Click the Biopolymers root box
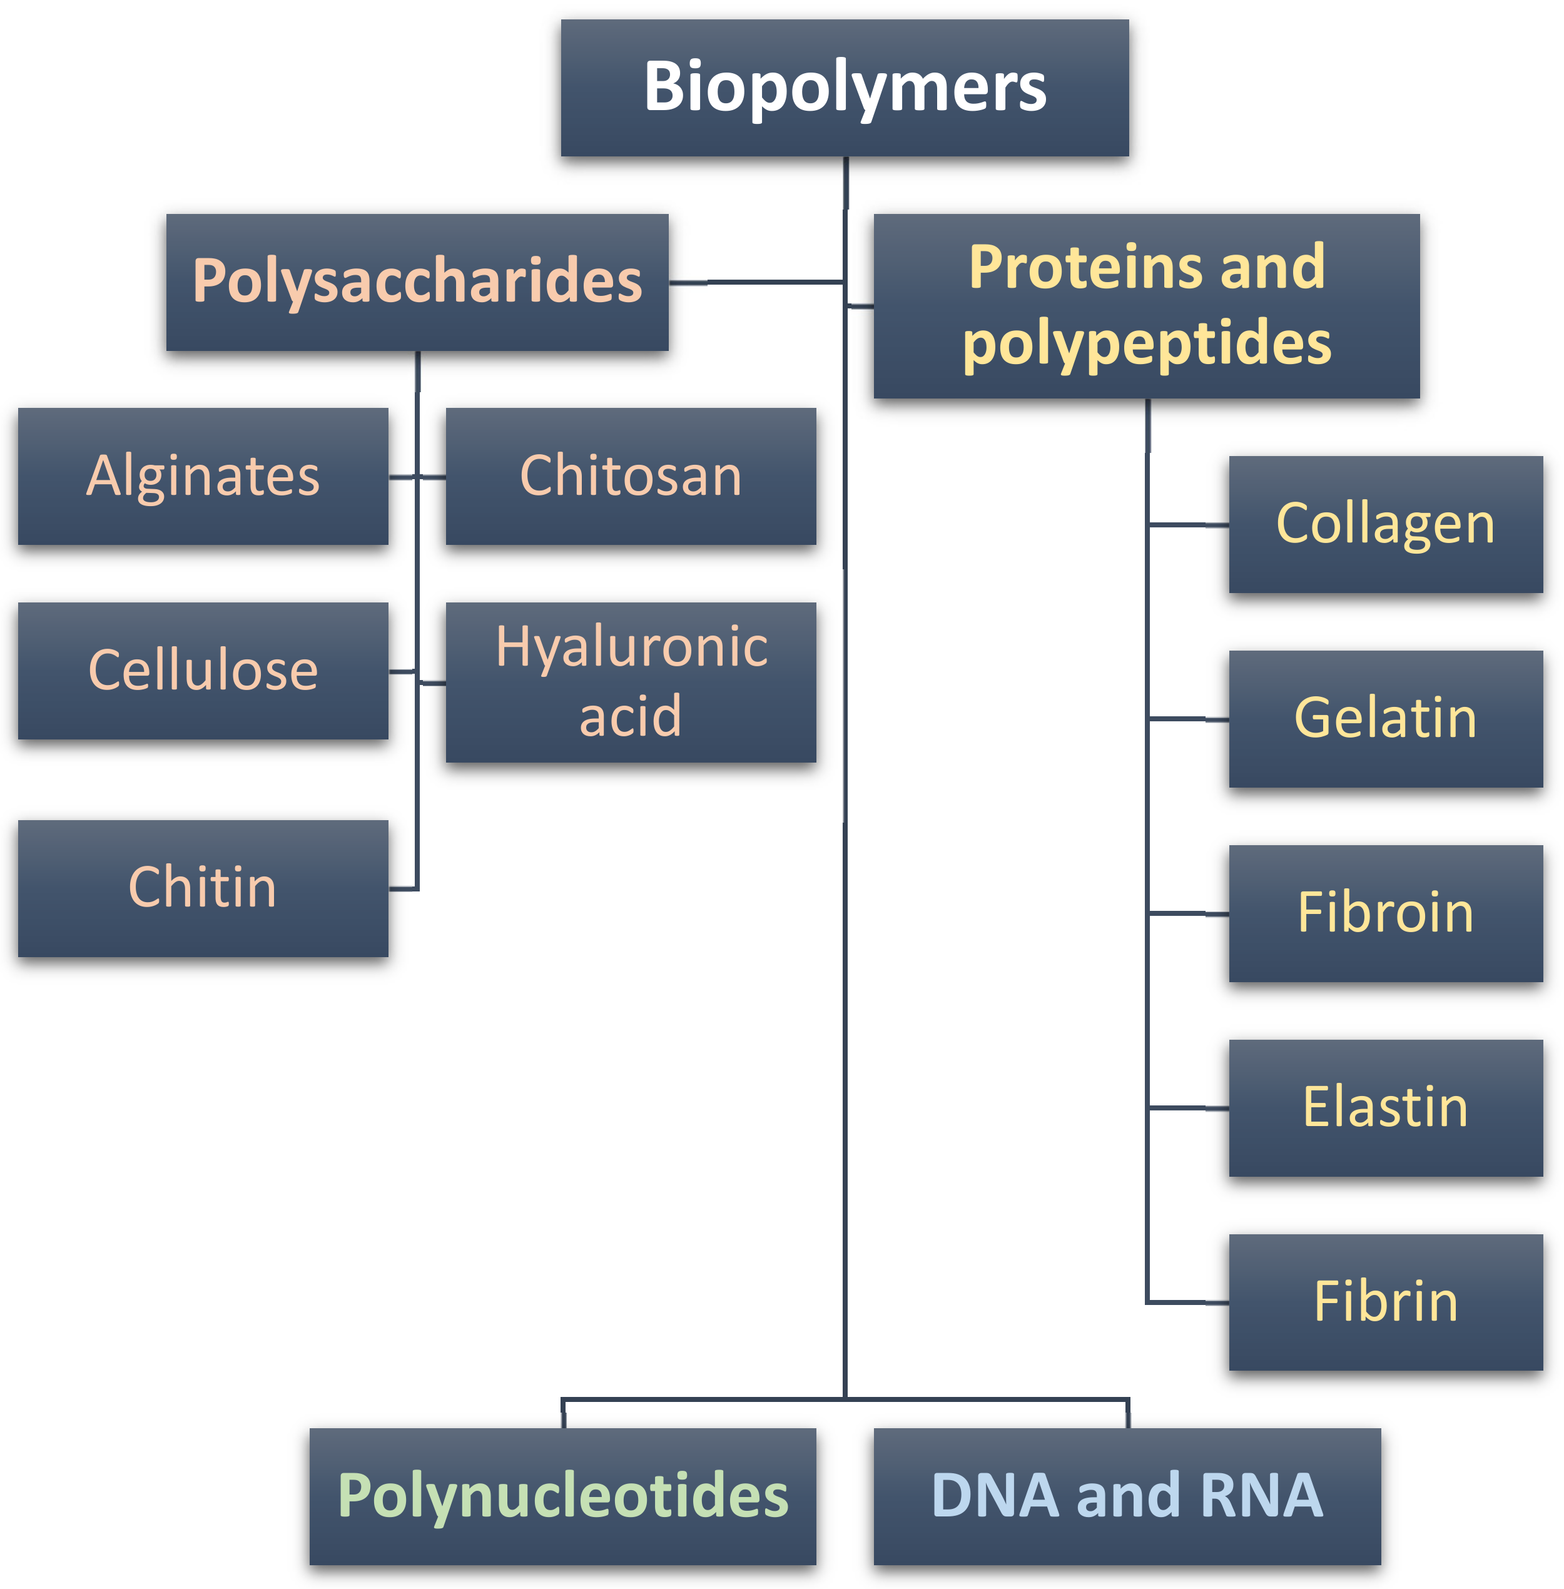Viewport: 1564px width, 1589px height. click(x=845, y=88)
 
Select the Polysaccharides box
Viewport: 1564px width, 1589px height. click(x=417, y=282)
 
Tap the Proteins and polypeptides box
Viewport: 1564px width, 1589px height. click(x=1146, y=306)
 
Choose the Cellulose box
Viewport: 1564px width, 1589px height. click(x=203, y=671)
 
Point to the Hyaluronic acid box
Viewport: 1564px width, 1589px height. click(x=630, y=682)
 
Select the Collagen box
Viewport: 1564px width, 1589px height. click(x=1385, y=524)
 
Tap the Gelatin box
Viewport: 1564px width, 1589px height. click(x=1385, y=718)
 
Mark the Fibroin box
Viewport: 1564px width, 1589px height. click(x=1385, y=913)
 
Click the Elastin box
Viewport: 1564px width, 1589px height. click(x=1385, y=1107)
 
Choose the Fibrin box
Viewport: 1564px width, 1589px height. click(x=1385, y=1301)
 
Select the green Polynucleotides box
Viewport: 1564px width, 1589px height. click(x=562, y=1495)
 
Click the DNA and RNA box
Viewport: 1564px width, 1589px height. click(x=1127, y=1495)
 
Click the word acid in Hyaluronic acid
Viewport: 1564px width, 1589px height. click(x=630, y=716)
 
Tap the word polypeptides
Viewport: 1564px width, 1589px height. click(x=1146, y=343)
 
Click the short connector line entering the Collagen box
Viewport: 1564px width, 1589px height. click(x=1188, y=524)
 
